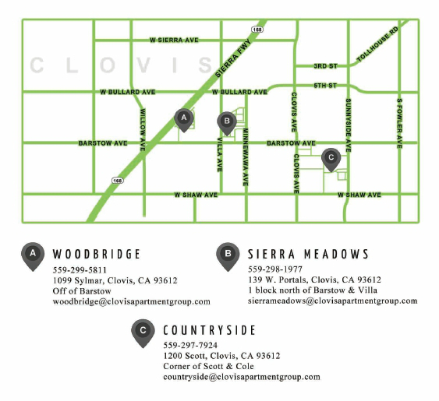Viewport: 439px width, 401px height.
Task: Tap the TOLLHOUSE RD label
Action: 377,45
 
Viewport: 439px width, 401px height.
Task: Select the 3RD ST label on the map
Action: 324,66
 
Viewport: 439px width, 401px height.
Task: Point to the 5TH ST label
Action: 324,84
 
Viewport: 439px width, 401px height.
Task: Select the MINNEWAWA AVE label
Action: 245,157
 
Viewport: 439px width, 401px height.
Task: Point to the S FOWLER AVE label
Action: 398,122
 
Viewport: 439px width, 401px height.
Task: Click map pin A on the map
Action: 184,119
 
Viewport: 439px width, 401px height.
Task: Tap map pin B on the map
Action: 226,122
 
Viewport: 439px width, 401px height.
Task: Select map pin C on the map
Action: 330,158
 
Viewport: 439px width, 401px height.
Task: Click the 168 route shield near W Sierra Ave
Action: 258,30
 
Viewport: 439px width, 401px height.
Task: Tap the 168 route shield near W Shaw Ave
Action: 117,180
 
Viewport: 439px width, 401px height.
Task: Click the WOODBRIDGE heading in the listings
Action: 97,254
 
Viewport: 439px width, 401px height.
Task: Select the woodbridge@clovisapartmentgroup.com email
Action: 132,301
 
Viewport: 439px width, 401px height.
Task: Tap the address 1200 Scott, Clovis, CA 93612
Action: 221,355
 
